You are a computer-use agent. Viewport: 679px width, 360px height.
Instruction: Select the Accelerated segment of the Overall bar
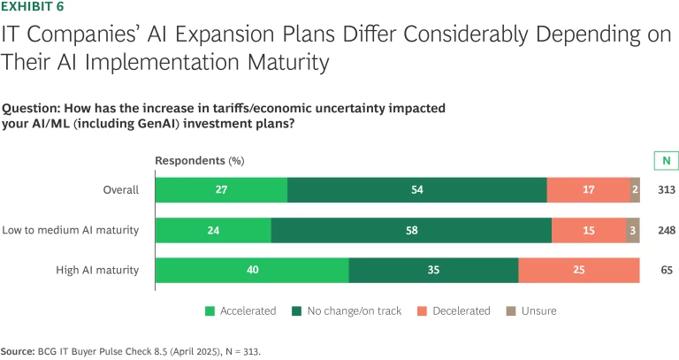[x=221, y=190]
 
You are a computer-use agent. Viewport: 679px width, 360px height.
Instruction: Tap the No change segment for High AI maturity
[x=433, y=271]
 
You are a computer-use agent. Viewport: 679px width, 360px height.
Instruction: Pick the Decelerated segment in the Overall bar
[x=589, y=190]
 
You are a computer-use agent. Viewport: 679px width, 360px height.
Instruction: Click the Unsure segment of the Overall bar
[x=636, y=190]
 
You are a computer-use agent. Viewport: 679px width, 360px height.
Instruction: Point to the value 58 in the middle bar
[x=411, y=231]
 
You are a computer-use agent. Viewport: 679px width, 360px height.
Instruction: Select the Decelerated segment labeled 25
[x=579, y=271]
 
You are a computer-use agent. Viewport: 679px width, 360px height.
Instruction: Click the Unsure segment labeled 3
[x=633, y=231]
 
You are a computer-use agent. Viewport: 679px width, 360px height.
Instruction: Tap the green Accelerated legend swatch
[x=210, y=310]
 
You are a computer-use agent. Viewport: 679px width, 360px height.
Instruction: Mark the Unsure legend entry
[x=538, y=310]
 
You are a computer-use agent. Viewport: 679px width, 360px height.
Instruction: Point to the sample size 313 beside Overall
[x=666, y=190]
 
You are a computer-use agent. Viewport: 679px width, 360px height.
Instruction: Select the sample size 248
[x=666, y=231]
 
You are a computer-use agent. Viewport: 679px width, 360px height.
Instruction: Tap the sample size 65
[x=666, y=271]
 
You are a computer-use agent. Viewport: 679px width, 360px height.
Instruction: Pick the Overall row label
[x=120, y=190]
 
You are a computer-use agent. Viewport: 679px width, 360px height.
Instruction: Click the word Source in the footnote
[x=17, y=351]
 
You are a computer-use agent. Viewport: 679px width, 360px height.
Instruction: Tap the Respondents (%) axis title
[x=199, y=161]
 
